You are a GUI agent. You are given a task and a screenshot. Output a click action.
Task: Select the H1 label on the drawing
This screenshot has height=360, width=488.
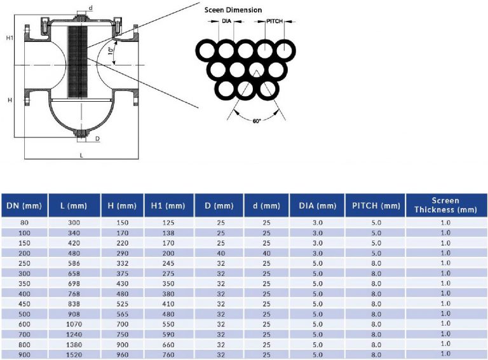coord(10,38)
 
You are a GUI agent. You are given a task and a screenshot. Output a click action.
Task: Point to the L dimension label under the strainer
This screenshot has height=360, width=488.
coord(81,155)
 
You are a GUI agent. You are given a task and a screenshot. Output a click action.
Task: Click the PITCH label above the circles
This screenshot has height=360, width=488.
coord(274,22)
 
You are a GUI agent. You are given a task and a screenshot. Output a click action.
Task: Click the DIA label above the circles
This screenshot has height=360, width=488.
coord(226,22)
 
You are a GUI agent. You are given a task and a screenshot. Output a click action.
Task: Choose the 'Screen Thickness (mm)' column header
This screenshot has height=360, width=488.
coord(446,205)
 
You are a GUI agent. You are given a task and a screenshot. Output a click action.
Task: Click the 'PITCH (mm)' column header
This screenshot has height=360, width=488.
coord(374,205)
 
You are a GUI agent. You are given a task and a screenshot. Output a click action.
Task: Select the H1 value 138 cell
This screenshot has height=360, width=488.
coord(168,233)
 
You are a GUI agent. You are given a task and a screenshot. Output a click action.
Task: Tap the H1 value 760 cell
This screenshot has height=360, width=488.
coord(168,354)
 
